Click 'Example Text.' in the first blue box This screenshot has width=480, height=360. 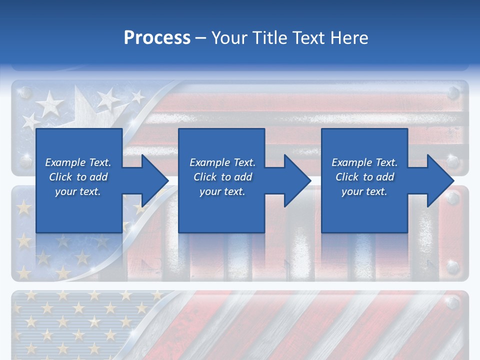click(78, 162)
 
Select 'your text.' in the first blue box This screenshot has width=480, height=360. click(78, 191)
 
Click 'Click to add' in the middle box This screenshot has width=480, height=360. click(222, 177)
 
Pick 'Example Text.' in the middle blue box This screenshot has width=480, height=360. click(222, 162)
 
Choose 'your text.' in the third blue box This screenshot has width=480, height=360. click(364, 191)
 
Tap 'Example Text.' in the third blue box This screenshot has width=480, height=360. click(364, 162)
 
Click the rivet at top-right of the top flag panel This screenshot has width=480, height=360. click(453, 92)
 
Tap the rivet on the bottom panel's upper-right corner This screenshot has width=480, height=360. click(452, 302)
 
